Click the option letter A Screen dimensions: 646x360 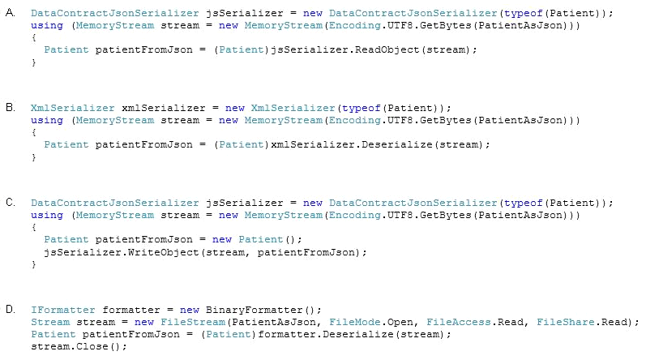tap(11, 13)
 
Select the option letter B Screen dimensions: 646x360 tap(11, 108)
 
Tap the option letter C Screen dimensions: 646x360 tap(11, 202)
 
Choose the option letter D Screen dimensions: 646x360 tap(11, 310)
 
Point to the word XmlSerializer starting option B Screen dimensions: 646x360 tap(72, 108)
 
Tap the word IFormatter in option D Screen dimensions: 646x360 tap(63, 310)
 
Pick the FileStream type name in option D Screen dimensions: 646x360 tap(193, 322)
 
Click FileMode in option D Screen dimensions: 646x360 tap(354, 322)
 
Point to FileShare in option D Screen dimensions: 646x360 tap(565, 322)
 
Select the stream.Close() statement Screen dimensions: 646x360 tap(79, 346)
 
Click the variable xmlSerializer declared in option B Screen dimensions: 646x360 tap(164, 108)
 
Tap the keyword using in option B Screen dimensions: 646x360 tap(47, 120)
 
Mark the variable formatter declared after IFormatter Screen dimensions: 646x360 tap(131, 310)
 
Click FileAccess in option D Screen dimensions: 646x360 tap(458, 322)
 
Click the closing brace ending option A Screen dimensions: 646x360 tap(34, 62)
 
